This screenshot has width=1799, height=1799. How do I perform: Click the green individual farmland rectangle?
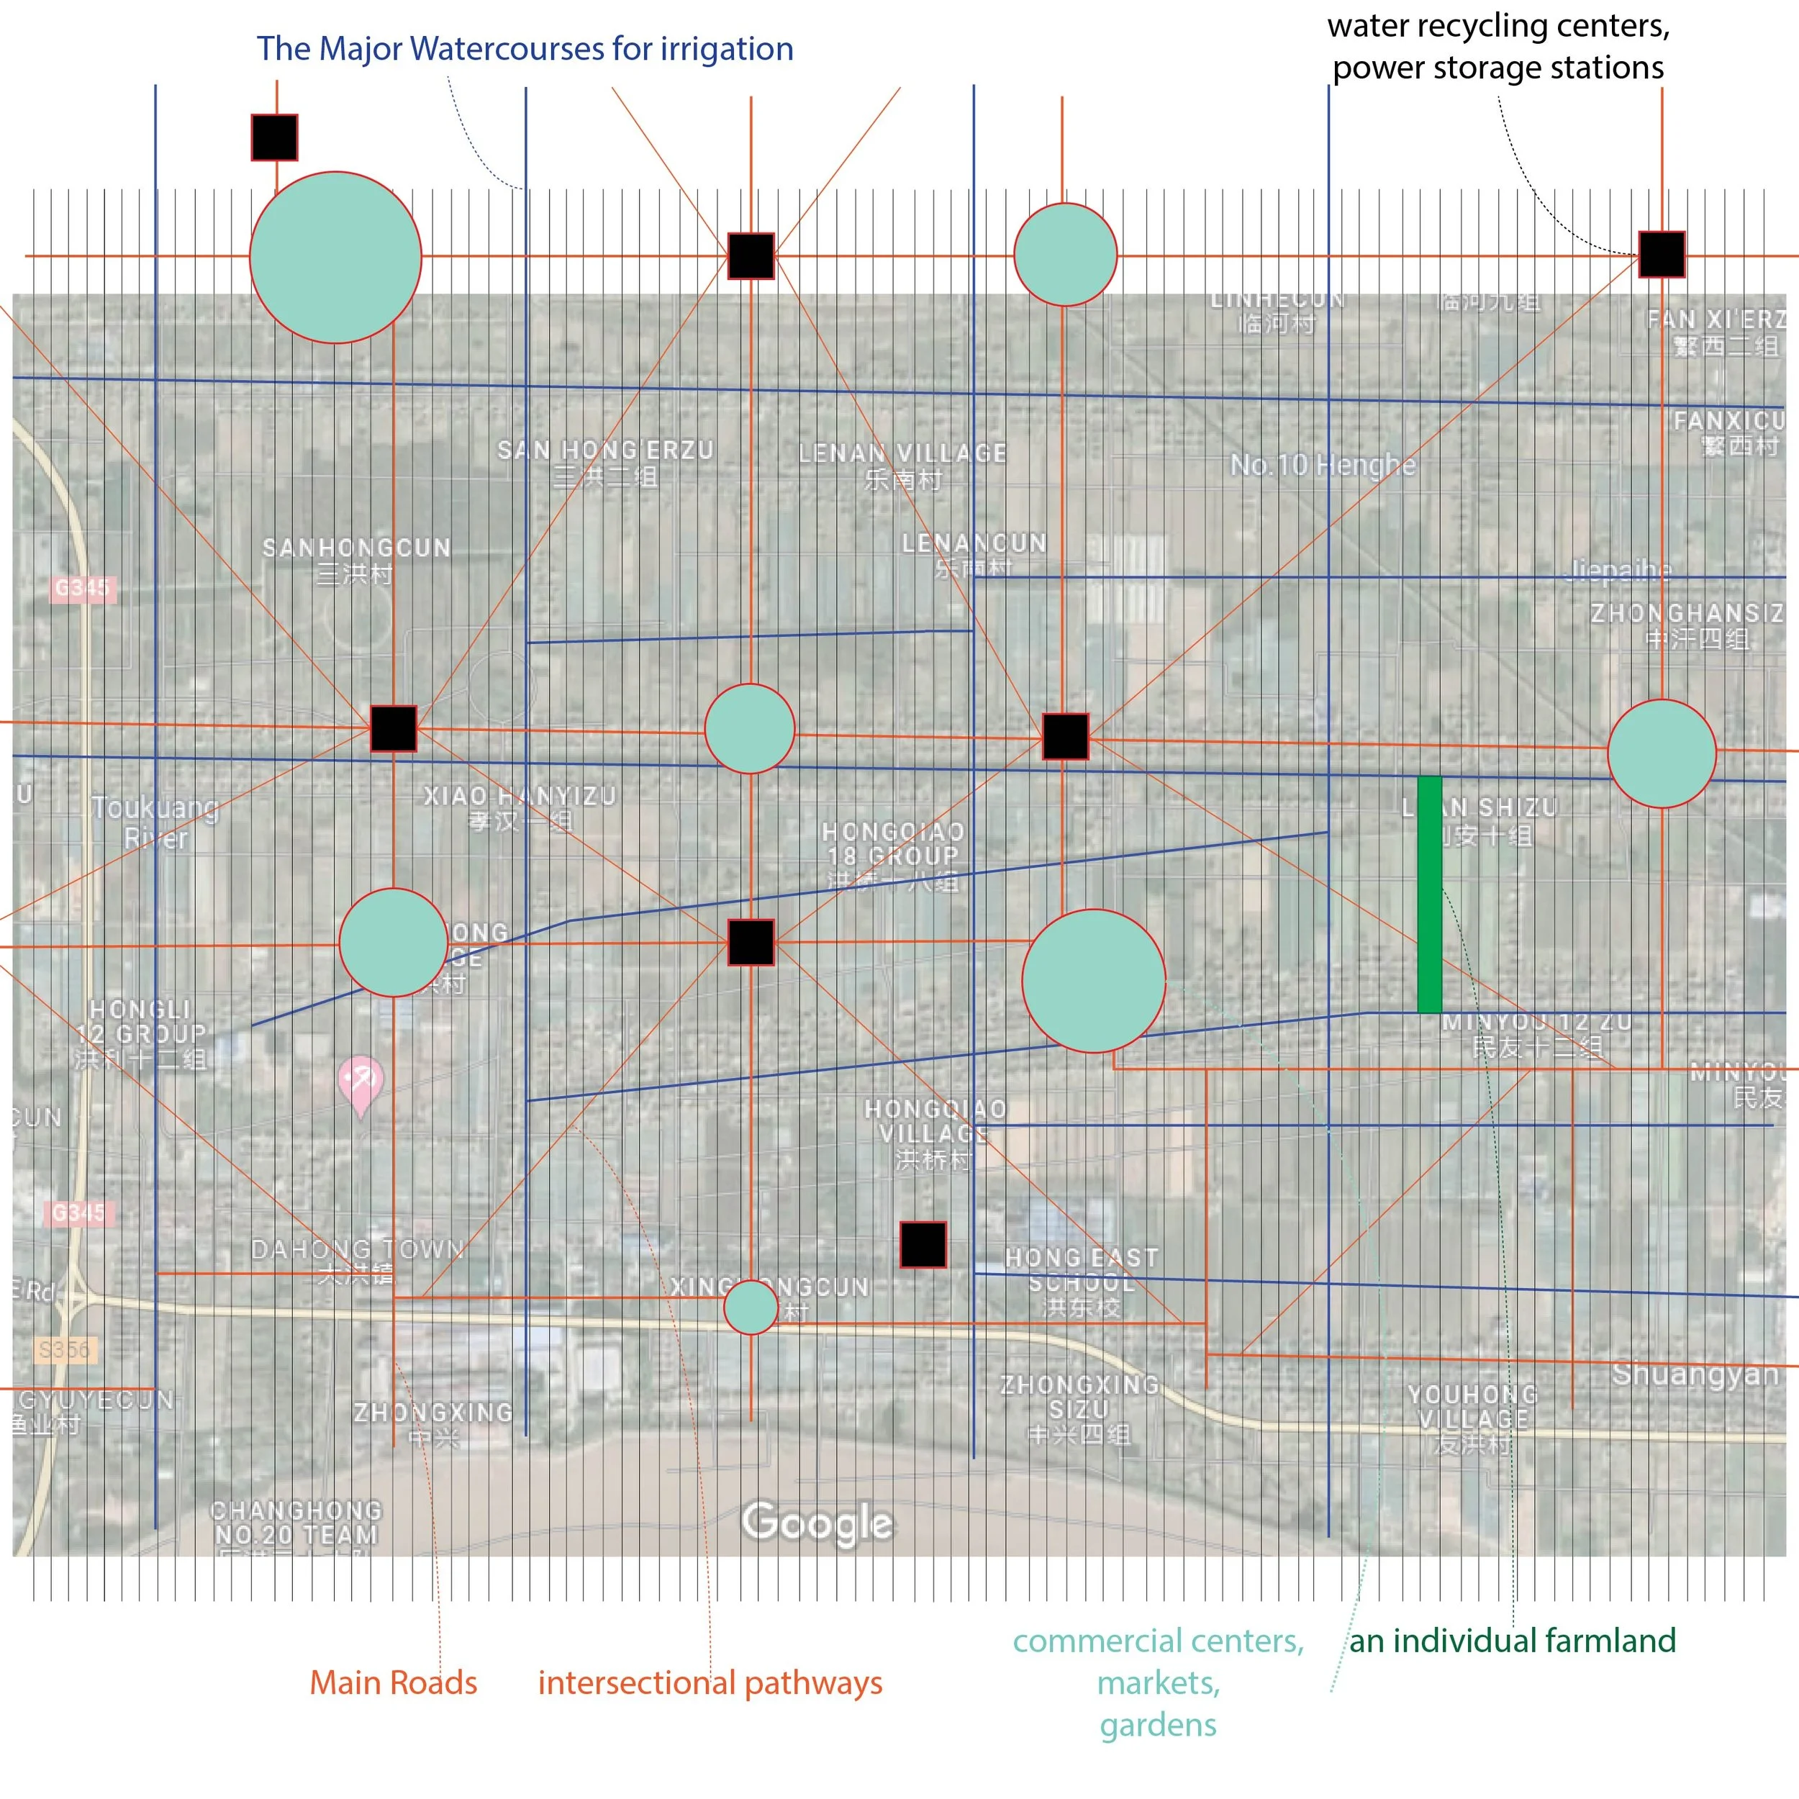(1429, 894)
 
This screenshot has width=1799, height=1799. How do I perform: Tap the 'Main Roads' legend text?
(393, 1682)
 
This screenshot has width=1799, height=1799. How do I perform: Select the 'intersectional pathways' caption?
(710, 1682)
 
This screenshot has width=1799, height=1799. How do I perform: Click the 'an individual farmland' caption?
(1512, 1640)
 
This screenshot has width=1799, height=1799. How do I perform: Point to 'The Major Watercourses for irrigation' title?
(525, 48)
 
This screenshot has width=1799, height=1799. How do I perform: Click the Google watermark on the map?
(817, 1523)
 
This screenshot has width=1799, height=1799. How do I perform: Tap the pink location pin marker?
(359, 1084)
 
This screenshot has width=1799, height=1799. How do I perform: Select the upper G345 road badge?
(82, 588)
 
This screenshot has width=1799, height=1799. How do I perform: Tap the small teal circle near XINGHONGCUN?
(751, 1308)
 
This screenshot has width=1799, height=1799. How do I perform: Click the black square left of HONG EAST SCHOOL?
(923, 1245)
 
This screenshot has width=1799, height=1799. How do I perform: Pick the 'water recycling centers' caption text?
(1497, 26)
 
